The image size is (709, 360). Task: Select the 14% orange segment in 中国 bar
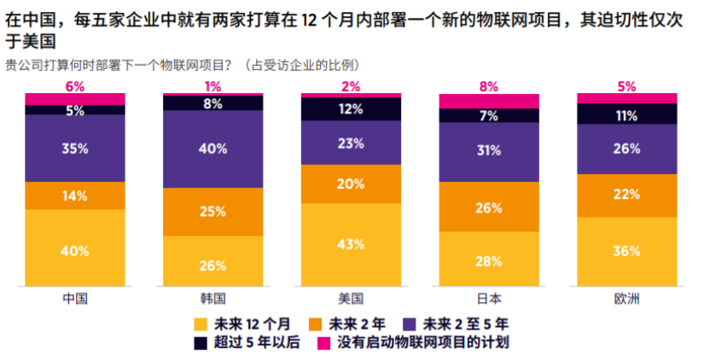click(75, 195)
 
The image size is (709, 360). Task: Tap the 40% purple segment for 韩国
click(213, 148)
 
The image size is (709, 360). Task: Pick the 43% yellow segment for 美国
click(351, 245)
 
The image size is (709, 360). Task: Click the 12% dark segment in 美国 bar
click(351, 108)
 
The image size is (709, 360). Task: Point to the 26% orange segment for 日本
click(489, 206)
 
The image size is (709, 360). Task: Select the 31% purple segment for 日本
click(489, 152)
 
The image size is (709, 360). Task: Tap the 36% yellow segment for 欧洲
click(627, 253)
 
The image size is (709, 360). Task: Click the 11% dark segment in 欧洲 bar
click(627, 113)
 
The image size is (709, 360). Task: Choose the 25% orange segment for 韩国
click(213, 211)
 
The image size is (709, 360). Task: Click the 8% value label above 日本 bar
click(489, 86)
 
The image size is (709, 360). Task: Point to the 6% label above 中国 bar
click(75, 86)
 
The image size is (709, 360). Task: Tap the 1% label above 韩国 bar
click(213, 86)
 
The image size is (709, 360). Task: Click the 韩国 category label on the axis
click(213, 299)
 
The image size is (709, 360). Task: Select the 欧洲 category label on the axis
click(627, 299)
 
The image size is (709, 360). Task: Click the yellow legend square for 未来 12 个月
click(201, 323)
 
